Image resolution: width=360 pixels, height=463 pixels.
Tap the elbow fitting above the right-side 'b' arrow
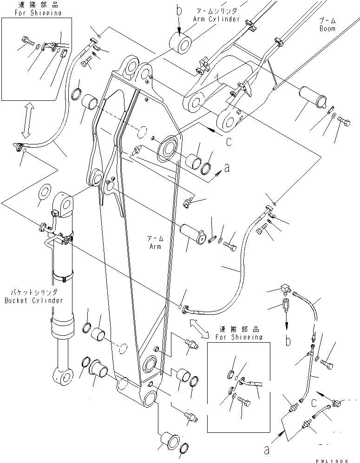coord(284,291)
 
